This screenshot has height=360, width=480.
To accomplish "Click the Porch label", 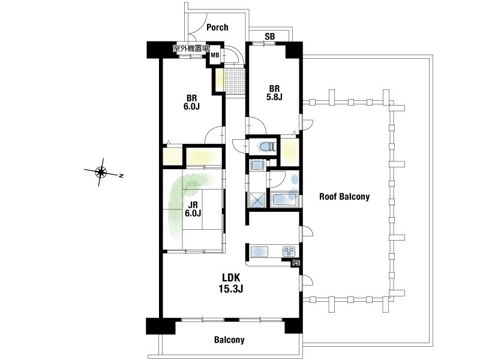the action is click(217, 27).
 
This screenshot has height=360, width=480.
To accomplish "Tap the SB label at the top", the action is click(269, 37).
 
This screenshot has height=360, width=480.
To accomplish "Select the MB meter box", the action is click(215, 55).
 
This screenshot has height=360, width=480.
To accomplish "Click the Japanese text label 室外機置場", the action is click(191, 49).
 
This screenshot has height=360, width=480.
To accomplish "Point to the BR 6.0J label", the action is click(192, 102).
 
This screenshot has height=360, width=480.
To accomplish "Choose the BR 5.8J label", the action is click(274, 93).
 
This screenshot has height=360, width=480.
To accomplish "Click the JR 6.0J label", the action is click(193, 209).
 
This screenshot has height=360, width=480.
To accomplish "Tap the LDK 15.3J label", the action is click(231, 283).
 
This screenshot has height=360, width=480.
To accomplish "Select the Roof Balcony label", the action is click(344, 197).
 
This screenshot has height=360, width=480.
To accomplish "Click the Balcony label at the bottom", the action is click(229, 340).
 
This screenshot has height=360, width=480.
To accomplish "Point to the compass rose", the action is click(101, 172).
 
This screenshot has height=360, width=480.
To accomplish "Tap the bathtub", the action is click(284, 200).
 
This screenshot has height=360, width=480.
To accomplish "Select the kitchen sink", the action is click(260, 251).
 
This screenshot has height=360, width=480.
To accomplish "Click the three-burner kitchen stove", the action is click(289, 251).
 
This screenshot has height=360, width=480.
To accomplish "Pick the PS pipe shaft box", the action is click(296, 263).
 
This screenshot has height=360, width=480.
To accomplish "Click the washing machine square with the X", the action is click(257, 200).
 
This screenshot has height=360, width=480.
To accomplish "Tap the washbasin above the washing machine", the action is click(257, 166).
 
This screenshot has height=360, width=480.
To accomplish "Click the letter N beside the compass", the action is click(121, 176).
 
